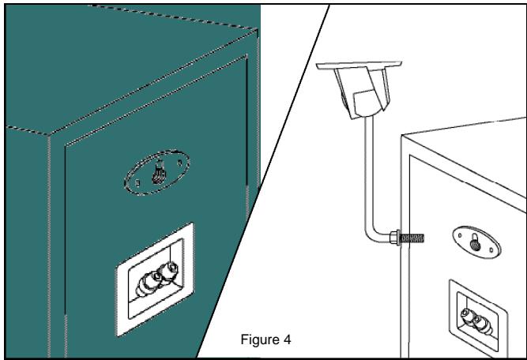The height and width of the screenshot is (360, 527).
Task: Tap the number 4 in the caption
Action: click(288, 340)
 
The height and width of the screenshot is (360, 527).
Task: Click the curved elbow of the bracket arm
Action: click(371, 231)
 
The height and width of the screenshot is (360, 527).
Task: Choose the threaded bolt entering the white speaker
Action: click(412, 236)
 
